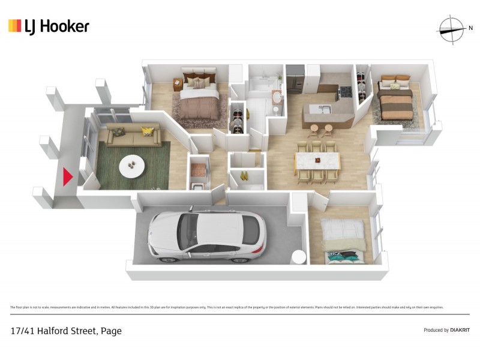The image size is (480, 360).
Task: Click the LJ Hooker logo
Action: tap(49, 26)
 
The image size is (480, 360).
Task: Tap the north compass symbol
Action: tap(451, 28)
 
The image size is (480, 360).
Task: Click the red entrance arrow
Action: tap(68, 176)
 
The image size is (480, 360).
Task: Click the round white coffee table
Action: tap(131, 166)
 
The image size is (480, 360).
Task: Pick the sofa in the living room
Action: tap(133, 136)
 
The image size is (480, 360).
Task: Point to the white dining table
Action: tap(317, 161)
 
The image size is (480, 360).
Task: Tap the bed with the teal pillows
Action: tap(343, 243)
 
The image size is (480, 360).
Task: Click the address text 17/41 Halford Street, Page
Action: tap(66, 331)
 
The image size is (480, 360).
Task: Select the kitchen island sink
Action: tap(325, 109)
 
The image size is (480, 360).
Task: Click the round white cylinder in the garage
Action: tap(298, 256)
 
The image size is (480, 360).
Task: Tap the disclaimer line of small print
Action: tap(227, 307)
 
